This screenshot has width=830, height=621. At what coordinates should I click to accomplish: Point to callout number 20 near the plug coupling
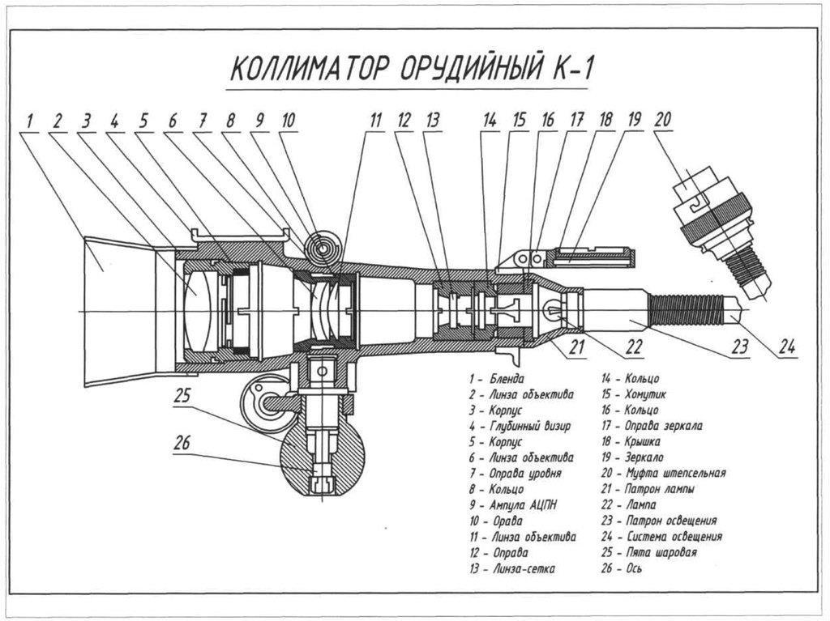662,120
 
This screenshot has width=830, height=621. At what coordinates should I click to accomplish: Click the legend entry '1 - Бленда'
496,379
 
